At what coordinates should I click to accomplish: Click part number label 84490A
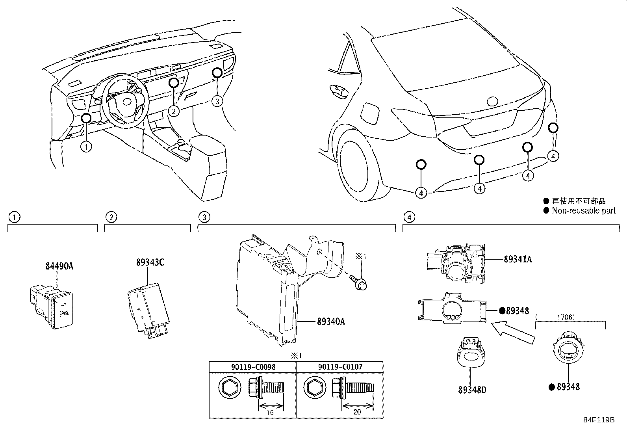point(59,266)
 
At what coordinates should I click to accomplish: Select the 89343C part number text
point(150,262)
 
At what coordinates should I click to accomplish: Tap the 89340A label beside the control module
point(331,321)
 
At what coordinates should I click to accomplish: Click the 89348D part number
point(472,390)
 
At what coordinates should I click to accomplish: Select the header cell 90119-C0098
point(252,367)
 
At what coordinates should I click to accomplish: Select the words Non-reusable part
point(583,210)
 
